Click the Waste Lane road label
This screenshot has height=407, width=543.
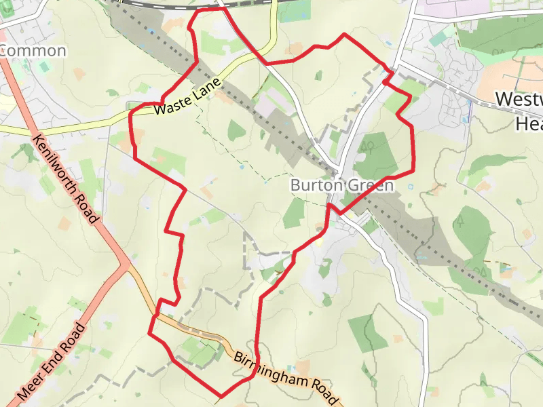point(187,97)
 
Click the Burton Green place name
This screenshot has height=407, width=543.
point(341,185)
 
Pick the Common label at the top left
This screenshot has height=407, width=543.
point(34,51)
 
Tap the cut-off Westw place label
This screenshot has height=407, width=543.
point(519,99)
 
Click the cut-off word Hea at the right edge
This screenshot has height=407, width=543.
point(529,124)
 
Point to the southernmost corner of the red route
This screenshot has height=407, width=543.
point(221,396)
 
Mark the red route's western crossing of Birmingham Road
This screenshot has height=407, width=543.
point(155,317)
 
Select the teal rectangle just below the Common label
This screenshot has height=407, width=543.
point(44,67)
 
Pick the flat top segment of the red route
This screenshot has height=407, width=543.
point(209,10)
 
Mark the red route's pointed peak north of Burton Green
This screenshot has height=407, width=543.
point(345,34)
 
